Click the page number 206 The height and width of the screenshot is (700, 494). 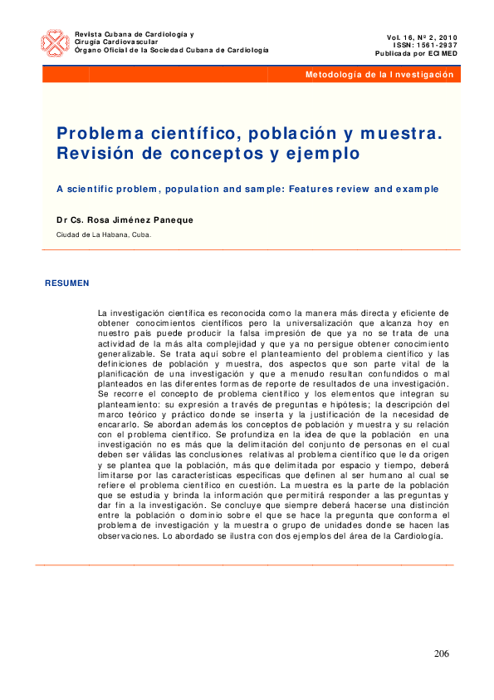coord(441,653)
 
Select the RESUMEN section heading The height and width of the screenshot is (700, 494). coord(67,283)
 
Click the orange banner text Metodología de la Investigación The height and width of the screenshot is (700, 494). coord(379,75)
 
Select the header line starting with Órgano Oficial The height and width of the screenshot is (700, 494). coord(172,50)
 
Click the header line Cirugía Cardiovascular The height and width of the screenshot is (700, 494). coord(115,42)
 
